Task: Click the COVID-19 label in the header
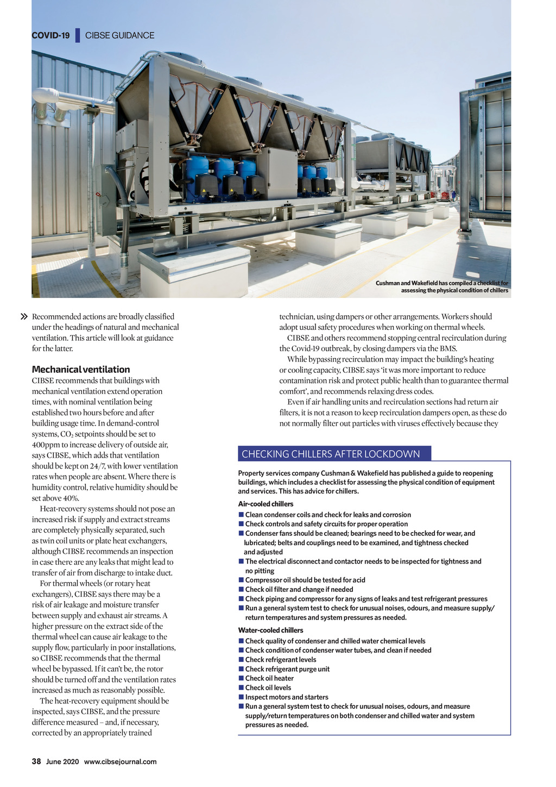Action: pos(50,35)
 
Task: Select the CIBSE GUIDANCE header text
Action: pos(119,35)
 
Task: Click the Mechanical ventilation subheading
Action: pos(81,370)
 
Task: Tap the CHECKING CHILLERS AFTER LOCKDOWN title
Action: pos(331,454)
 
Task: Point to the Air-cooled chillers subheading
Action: pos(266,504)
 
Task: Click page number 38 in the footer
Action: pos(36,761)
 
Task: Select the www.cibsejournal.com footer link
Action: pos(120,761)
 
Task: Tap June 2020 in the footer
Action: pos(62,761)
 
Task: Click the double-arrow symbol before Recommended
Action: pos(24,316)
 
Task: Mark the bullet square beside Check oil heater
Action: pos(241,678)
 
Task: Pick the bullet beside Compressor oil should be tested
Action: pos(241,580)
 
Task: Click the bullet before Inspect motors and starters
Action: pos(241,697)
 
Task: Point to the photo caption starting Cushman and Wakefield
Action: pos(441,286)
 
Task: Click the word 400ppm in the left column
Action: pos(46,445)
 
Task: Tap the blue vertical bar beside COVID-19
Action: pos(78,35)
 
